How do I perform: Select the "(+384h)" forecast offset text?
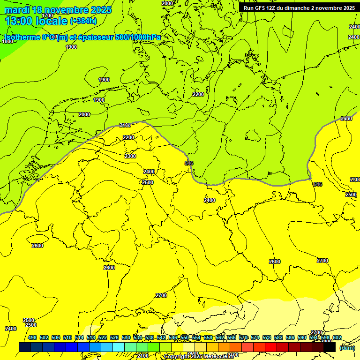tap(83, 21)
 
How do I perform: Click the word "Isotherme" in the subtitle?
tap(23, 37)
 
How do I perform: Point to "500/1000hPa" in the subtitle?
tap(138, 37)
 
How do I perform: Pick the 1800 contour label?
tap(7, 41)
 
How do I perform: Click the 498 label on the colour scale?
tap(32, 338)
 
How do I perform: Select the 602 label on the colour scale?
tap(337, 338)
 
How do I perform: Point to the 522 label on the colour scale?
tap(103, 338)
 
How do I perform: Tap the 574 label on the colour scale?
tap(255, 338)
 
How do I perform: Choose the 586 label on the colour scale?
tap(290, 338)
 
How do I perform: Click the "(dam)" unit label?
tap(347, 347)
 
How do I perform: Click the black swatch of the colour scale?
tap(330, 347)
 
